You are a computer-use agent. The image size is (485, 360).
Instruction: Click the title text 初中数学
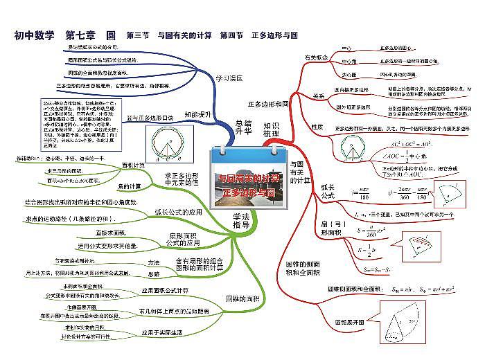[34, 35]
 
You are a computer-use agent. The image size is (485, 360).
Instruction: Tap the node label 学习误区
[229, 78]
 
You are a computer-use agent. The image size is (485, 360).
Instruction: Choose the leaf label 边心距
[349, 73]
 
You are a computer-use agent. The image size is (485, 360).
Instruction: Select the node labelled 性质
[318, 127]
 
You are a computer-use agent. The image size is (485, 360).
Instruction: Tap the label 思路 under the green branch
[153, 273]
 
